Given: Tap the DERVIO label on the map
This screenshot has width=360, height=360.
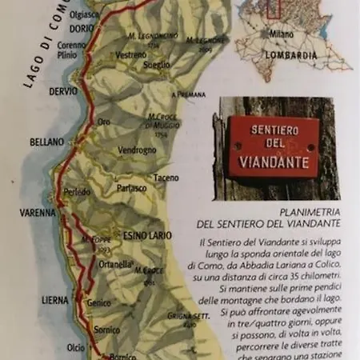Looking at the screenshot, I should [64, 91].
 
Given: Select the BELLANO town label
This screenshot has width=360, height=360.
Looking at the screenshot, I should [46, 142].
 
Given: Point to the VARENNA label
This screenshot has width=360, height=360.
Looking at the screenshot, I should [38, 213].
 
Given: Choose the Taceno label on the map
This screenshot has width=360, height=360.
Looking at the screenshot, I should [166, 178].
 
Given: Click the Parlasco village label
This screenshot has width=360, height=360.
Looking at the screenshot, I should [132, 188].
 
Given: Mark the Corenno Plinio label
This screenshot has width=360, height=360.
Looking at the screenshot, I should [72, 50].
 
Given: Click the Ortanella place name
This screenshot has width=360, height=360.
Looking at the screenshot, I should [115, 265].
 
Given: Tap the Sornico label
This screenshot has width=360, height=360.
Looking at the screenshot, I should [106, 329].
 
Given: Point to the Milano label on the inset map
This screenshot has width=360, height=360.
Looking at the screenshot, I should [282, 36].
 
